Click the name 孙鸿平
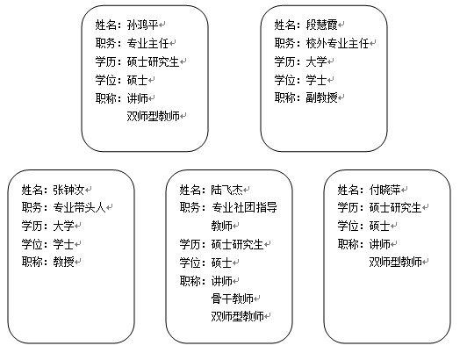142,25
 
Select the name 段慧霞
321,25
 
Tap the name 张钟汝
68,190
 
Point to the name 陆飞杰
226,190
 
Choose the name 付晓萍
384,190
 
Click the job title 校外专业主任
337,44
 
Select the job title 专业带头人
79,207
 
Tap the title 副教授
321,97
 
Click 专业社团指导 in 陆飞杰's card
244,207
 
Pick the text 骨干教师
233,299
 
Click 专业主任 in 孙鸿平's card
147,44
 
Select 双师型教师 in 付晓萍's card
396,262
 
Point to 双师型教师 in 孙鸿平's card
153,116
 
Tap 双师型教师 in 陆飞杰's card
237,316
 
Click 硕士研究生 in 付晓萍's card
396,207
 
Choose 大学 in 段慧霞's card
316,61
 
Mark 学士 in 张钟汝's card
63,244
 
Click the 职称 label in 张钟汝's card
32,262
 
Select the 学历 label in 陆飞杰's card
190,244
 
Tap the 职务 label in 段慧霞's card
284,44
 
